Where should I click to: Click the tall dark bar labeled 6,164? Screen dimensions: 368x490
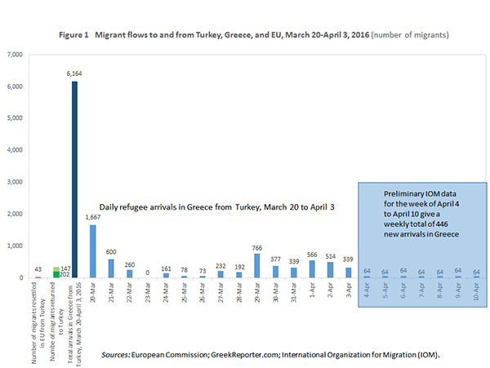coord(75,180)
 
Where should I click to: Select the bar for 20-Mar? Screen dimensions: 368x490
coord(93,251)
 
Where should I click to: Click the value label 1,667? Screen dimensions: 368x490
coord(93,218)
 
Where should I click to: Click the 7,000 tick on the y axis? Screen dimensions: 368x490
coord(14,55)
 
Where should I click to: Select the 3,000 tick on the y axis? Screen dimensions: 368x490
coord(14,183)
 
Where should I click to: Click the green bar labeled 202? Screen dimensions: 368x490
coord(56,274)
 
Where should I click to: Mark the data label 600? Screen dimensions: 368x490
coord(111,252)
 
